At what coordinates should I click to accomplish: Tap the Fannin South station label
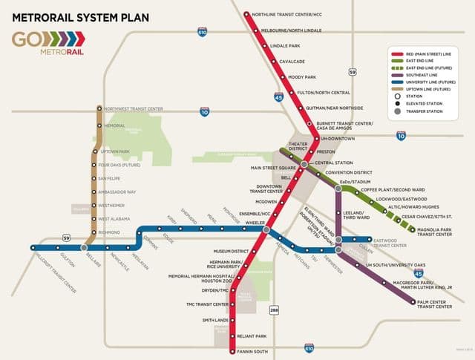click(x=252, y=350)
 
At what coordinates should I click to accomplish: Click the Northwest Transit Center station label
click(x=133, y=109)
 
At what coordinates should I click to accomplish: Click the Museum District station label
click(x=232, y=252)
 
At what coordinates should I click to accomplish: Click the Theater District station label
click(x=297, y=146)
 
